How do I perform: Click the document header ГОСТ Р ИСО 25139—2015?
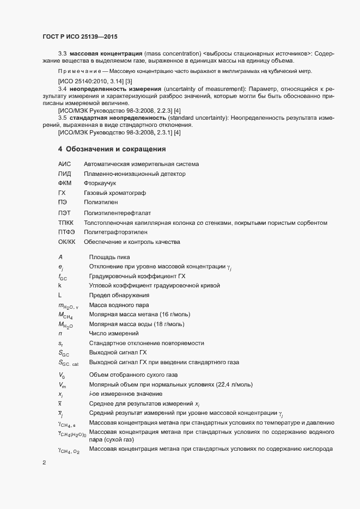[80, 36]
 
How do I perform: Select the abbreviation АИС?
[65, 164]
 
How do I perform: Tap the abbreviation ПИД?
[65, 174]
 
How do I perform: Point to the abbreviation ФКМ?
[65, 183]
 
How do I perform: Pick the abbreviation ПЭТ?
[65, 212]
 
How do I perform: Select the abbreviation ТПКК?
[66, 222]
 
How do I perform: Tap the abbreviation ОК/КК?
[66, 242]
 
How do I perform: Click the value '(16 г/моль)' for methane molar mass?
[176, 315]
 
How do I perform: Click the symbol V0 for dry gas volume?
[62, 376]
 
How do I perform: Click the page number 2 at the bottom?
[44, 464]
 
